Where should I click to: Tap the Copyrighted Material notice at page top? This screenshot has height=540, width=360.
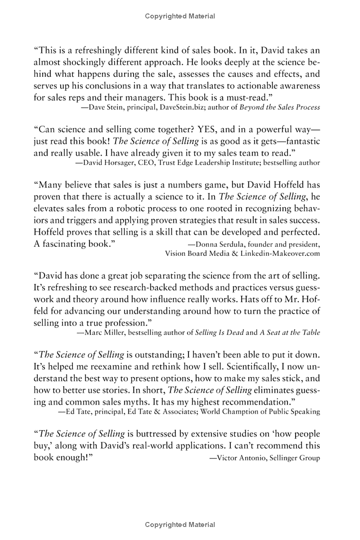[180, 16]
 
